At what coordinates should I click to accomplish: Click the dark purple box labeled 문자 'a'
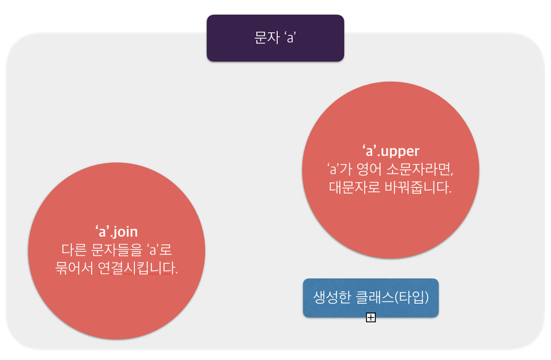275,38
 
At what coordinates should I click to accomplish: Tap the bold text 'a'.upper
390,151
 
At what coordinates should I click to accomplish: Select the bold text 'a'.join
117,232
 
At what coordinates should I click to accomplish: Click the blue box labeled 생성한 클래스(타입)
371,298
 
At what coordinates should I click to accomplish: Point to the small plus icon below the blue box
371,317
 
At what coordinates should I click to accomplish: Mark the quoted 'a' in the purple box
291,38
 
